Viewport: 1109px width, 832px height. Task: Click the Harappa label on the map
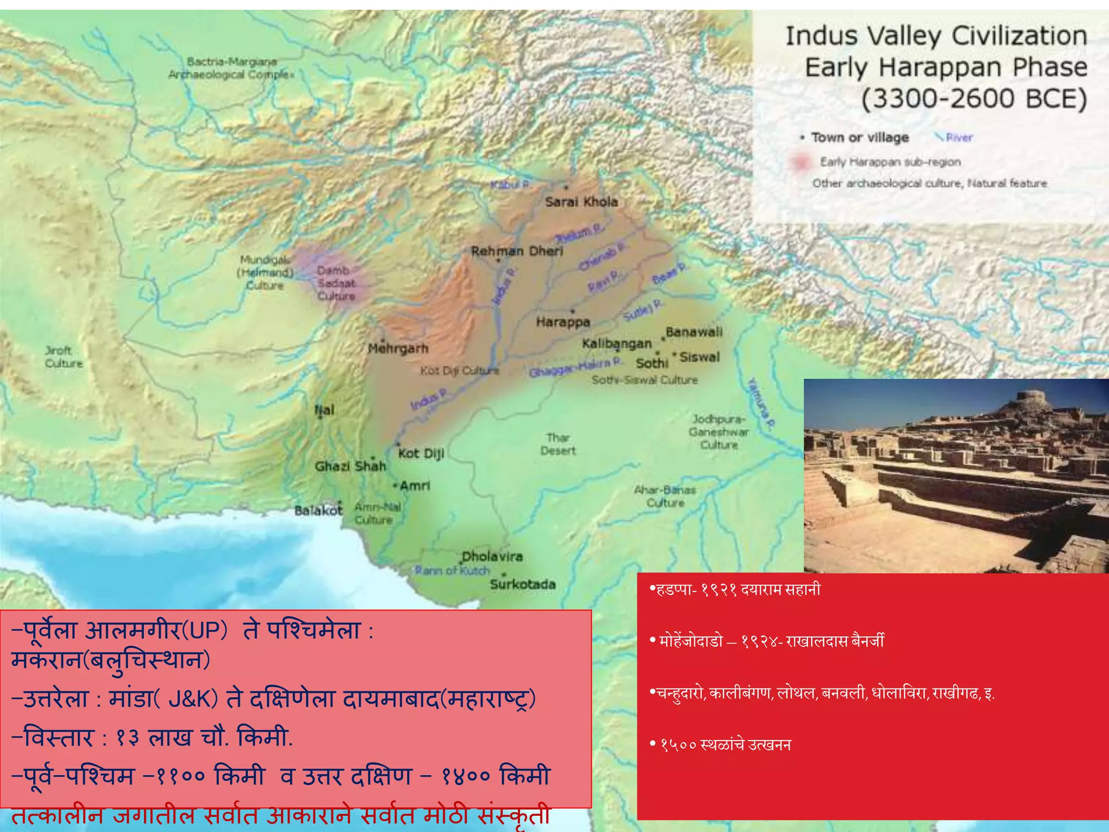(x=563, y=322)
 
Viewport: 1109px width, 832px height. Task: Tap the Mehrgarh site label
(x=398, y=348)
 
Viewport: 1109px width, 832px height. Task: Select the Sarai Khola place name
(x=581, y=202)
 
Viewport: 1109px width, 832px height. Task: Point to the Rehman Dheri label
(x=517, y=251)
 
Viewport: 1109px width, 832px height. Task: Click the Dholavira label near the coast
(x=492, y=557)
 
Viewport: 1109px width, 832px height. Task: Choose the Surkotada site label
(x=523, y=584)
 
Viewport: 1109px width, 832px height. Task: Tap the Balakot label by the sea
(x=318, y=511)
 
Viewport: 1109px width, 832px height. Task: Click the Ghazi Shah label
(x=350, y=466)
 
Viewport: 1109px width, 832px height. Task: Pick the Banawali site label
(x=694, y=332)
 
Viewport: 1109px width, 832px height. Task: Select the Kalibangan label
(x=617, y=344)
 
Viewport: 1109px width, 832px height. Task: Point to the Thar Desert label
(x=558, y=444)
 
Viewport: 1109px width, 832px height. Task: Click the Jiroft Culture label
(x=64, y=357)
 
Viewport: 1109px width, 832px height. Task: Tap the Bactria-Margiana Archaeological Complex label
(x=231, y=68)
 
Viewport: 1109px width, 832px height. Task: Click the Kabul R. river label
(x=510, y=185)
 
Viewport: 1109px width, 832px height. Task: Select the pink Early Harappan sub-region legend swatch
(x=800, y=162)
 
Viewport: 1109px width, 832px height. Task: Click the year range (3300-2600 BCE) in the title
(x=974, y=99)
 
